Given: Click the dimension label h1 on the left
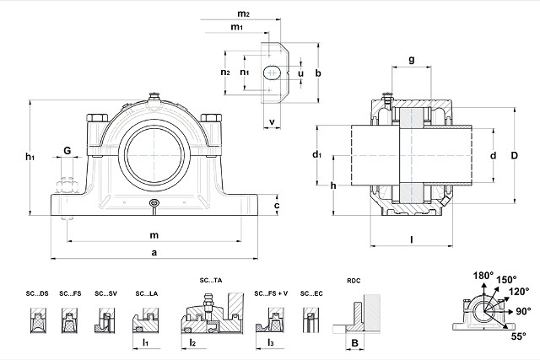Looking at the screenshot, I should tap(30, 157).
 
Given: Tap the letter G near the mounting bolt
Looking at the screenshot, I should tap(67, 151).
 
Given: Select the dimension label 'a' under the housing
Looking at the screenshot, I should tap(154, 253).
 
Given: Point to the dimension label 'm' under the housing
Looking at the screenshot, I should tap(154, 234).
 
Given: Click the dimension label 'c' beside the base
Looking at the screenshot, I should tap(277, 205).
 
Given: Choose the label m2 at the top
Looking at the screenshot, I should tap(243, 14).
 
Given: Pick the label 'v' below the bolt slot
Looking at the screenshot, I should tap(272, 122).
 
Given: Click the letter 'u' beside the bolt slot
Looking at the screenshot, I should tap(301, 73).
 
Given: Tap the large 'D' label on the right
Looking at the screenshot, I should tap(513, 155).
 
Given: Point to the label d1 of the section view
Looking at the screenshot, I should tap(317, 155).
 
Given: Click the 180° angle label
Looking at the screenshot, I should tap(483, 276).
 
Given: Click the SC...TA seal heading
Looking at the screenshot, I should tap(210, 279).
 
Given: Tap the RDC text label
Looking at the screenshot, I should tap(354, 281).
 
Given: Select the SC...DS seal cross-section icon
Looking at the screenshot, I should tap(38, 320).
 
